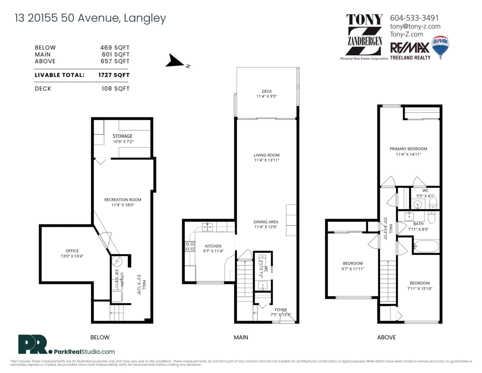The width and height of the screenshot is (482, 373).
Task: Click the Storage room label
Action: coord(122,136)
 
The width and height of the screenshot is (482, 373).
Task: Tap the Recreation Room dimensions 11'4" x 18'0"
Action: coord(123,205)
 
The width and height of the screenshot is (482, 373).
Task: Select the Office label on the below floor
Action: coord(72,251)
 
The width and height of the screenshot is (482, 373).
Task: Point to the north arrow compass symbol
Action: coord(176,61)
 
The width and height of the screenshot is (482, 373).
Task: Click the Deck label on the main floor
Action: coord(266,91)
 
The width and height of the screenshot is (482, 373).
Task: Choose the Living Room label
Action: coord(266,155)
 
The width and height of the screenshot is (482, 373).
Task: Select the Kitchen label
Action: coord(213,246)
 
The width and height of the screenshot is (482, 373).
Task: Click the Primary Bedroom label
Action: coord(408,149)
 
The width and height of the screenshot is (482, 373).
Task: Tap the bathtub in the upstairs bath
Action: coord(427,246)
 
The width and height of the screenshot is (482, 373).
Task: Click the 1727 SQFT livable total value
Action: coord(114,75)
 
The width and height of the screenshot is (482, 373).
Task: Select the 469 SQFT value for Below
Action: coord(115,47)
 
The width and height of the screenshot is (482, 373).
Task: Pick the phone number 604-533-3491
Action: coord(414,18)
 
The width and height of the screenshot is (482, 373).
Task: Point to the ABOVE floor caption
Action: coord(386,337)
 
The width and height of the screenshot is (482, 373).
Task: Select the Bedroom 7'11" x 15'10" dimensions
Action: coord(420,289)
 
